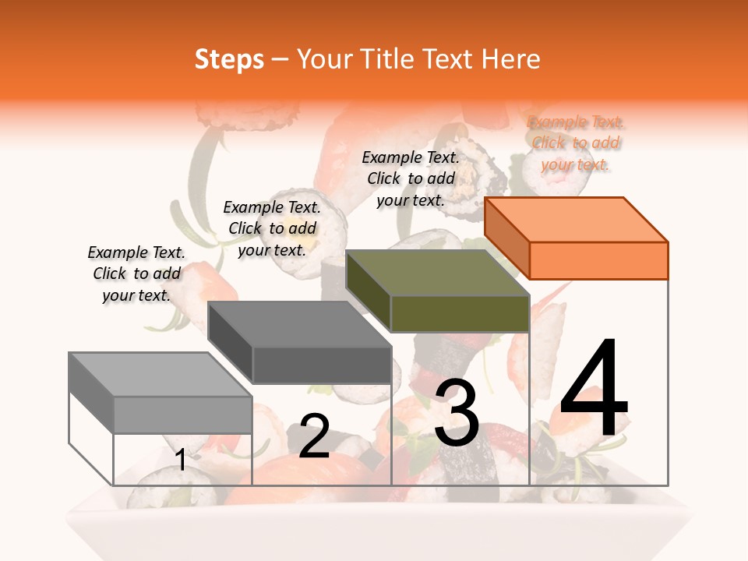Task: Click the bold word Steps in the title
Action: point(229,59)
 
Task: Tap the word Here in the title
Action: point(510,59)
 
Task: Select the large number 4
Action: point(594,389)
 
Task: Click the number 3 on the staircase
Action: point(457,414)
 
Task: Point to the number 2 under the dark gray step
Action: point(314,436)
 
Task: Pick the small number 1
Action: point(181,460)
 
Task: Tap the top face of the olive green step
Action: point(436,273)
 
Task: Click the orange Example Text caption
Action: point(575,143)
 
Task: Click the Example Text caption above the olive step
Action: point(411,178)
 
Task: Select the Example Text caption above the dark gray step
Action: point(272,228)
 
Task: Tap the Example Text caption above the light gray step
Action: point(136,273)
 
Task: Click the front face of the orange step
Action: point(598,260)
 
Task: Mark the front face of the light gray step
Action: point(183,415)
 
